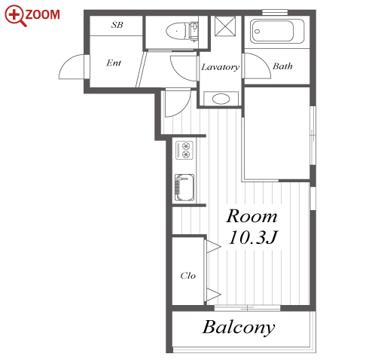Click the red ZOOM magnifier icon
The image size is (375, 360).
coord(16,16)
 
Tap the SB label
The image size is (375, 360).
coord(117,25)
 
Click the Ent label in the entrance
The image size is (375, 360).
coord(114,63)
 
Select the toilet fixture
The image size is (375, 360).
coord(181,32)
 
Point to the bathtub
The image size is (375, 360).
coord(277,32)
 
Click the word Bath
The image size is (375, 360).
coord(282,66)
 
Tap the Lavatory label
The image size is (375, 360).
coord(221,67)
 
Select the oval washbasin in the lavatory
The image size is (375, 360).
coord(221,99)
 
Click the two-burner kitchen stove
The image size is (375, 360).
coord(184,150)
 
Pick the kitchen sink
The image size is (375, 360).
coord(184,188)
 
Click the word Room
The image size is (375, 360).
coord(252,216)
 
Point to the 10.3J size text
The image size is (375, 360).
coord(253,237)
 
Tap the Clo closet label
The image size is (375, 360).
coord(187,276)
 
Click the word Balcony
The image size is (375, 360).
coord(239,328)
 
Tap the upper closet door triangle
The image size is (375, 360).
coord(213,246)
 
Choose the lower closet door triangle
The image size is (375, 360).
coord(213,294)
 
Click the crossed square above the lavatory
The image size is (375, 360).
coord(225,26)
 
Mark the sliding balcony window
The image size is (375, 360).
coord(247,308)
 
